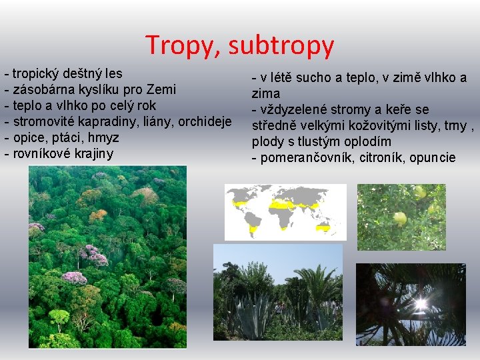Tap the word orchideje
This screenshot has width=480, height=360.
[x=204, y=121]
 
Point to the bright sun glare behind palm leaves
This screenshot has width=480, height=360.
[x=420, y=305]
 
